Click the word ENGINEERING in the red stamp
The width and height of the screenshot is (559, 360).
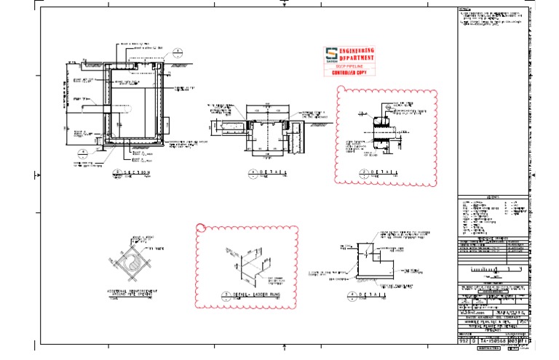click(357, 51)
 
